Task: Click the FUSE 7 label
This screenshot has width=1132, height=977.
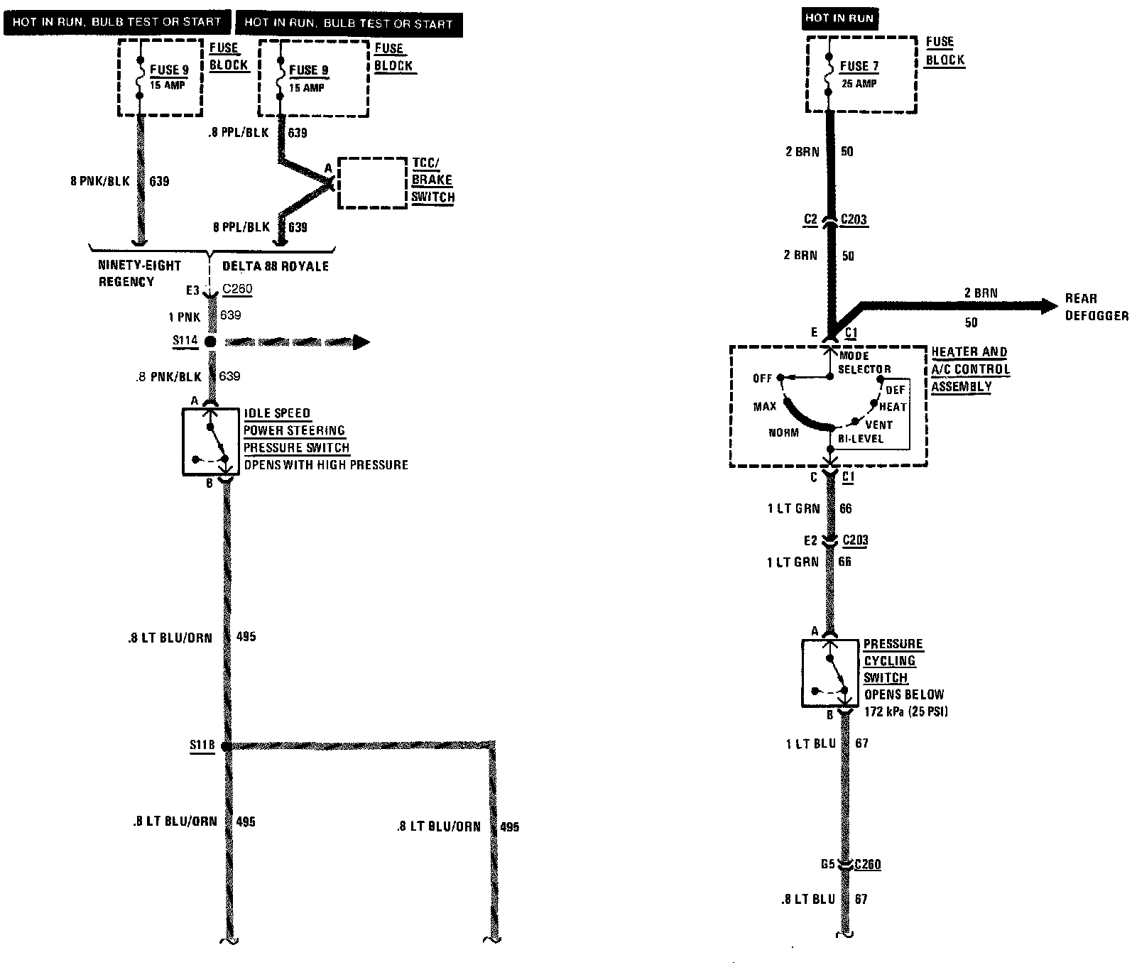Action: coord(859,66)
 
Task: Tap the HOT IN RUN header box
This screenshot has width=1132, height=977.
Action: coord(839,18)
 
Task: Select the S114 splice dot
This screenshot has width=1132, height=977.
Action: coord(210,342)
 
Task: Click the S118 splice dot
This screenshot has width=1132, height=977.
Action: coord(225,746)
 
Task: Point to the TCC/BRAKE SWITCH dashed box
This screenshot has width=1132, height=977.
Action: coord(371,183)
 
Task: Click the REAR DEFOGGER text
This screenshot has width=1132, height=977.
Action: coord(1096,307)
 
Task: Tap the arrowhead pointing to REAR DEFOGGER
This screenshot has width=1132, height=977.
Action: coord(1048,306)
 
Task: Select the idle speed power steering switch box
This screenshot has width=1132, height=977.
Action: coord(210,441)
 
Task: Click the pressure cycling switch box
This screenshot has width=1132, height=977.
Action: coord(829,672)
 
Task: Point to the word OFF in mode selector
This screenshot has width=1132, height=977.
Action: coord(762,378)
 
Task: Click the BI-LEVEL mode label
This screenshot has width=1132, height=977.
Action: coord(860,439)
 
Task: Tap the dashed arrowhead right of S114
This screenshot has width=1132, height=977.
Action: coord(361,342)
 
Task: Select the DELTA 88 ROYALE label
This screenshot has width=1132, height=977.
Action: coord(276,266)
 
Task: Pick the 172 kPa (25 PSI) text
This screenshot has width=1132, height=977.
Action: coord(906,711)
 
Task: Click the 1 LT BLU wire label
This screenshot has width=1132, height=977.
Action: coord(807,743)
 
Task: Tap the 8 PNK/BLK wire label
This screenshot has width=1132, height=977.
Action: coord(100,181)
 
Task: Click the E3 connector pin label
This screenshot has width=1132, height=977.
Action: coord(192,290)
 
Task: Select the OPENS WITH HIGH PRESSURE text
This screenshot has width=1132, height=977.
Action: coord(326,465)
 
